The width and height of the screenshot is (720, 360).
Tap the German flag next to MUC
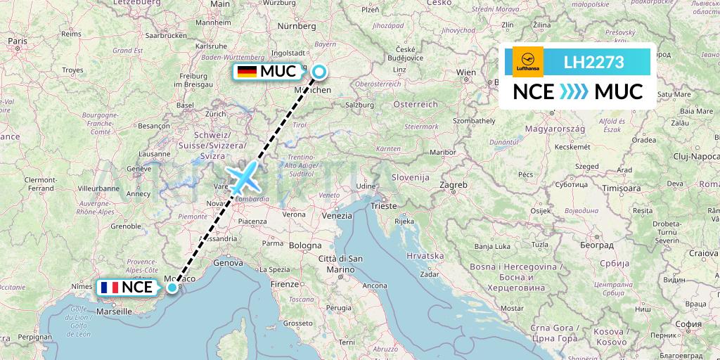[247, 71]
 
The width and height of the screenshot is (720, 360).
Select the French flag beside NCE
[109, 287]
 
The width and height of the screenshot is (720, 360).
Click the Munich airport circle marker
[319, 71]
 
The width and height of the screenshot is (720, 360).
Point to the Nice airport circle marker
[172, 287]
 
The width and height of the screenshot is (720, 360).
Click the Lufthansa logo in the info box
[528, 62]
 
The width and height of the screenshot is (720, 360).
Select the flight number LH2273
[594, 62]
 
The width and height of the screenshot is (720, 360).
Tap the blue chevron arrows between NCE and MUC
[574, 92]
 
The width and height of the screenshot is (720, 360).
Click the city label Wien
[466, 72]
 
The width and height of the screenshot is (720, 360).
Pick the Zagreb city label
[454, 185]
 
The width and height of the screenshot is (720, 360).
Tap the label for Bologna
[304, 245]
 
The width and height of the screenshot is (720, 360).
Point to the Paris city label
[18, 41]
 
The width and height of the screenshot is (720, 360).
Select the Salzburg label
[359, 104]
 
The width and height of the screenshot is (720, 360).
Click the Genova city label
[228, 262]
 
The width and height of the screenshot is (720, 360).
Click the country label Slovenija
[411, 177]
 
